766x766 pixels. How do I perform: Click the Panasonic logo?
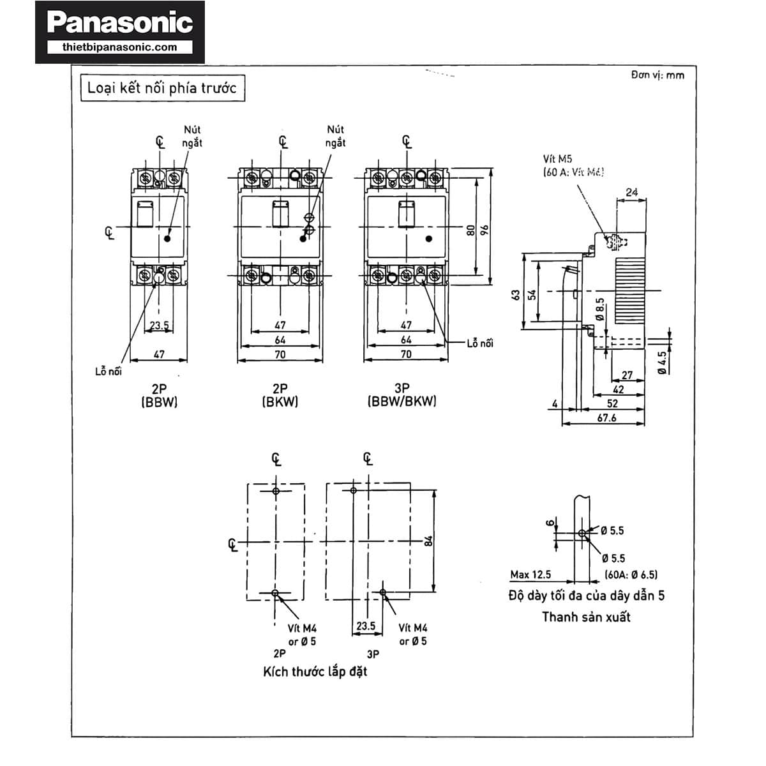(x=120, y=24)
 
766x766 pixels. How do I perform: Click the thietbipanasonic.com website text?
(x=120, y=47)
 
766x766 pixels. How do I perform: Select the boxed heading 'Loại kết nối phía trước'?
(x=161, y=87)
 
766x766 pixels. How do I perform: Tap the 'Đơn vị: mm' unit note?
(x=657, y=75)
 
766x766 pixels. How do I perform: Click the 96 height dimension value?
(x=484, y=230)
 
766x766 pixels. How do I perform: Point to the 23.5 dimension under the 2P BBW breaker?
(x=159, y=325)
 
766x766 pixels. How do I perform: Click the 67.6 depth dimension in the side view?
(x=606, y=417)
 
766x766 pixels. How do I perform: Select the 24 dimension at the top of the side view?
(x=631, y=191)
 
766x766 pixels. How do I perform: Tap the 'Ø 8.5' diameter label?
(x=599, y=309)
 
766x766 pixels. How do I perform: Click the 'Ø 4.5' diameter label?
(x=661, y=362)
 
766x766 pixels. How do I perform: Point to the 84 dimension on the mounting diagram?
(x=429, y=541)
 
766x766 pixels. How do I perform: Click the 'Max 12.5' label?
(x=530, y=574)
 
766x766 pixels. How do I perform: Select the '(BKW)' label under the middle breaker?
(x=280, y=402)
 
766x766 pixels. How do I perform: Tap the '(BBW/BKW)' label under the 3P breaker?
(x=402, y=402)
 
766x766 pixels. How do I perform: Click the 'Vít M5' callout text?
(x=557, y=159)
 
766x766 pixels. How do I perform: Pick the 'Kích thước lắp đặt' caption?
(x=315, y=672)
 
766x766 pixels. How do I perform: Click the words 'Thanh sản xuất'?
(x=586, y=617)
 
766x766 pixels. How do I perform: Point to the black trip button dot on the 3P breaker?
(x=428, y=238)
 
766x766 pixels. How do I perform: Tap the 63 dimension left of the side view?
(x=516, y=295)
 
